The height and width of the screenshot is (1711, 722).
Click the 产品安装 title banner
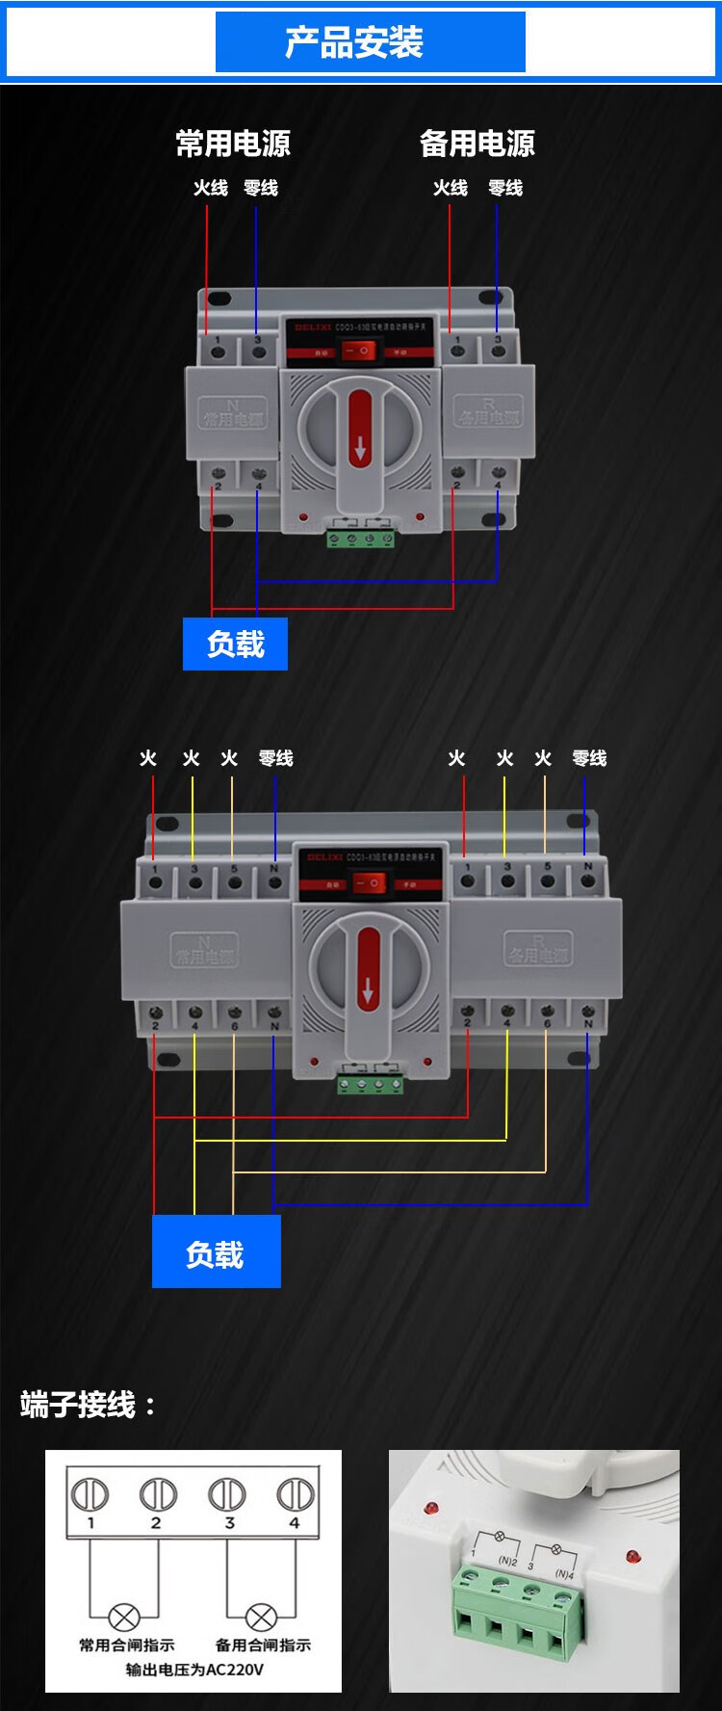[x=370, y=42]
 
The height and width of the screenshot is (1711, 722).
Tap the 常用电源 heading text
[x=233, y=144]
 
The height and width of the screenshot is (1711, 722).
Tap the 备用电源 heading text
[x=477, y=144]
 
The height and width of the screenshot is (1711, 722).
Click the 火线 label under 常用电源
[x=210, y=188]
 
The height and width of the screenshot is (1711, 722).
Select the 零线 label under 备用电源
[x=504, y=188]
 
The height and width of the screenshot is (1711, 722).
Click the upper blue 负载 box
[x=235, y=644]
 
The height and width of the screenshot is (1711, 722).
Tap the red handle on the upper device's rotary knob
[x=360, y=429]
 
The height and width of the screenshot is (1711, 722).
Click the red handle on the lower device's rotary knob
[x=368, y=968]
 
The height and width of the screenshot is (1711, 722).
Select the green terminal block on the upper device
[x=361, y=538]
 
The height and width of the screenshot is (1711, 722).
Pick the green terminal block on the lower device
[x=370, y=1085]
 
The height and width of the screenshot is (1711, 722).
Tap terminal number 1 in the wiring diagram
[x=90, y=1496]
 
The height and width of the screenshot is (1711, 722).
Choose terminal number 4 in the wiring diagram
[x=295, y=1496]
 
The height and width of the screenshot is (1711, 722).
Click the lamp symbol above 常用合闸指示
[x=124, y=1618]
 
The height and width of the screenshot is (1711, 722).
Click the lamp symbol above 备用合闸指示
[x=261, y=1618]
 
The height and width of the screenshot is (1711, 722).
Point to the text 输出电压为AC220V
[x=194, y=1670]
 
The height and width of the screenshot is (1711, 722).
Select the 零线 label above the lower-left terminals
[x=275, y=758]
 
